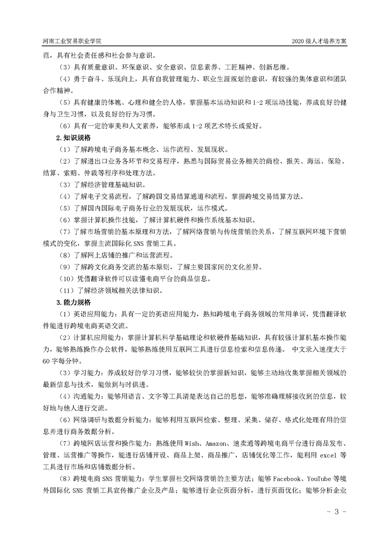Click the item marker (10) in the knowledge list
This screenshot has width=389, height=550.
click(67, 278)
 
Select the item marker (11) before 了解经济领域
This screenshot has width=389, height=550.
click(67, 290)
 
